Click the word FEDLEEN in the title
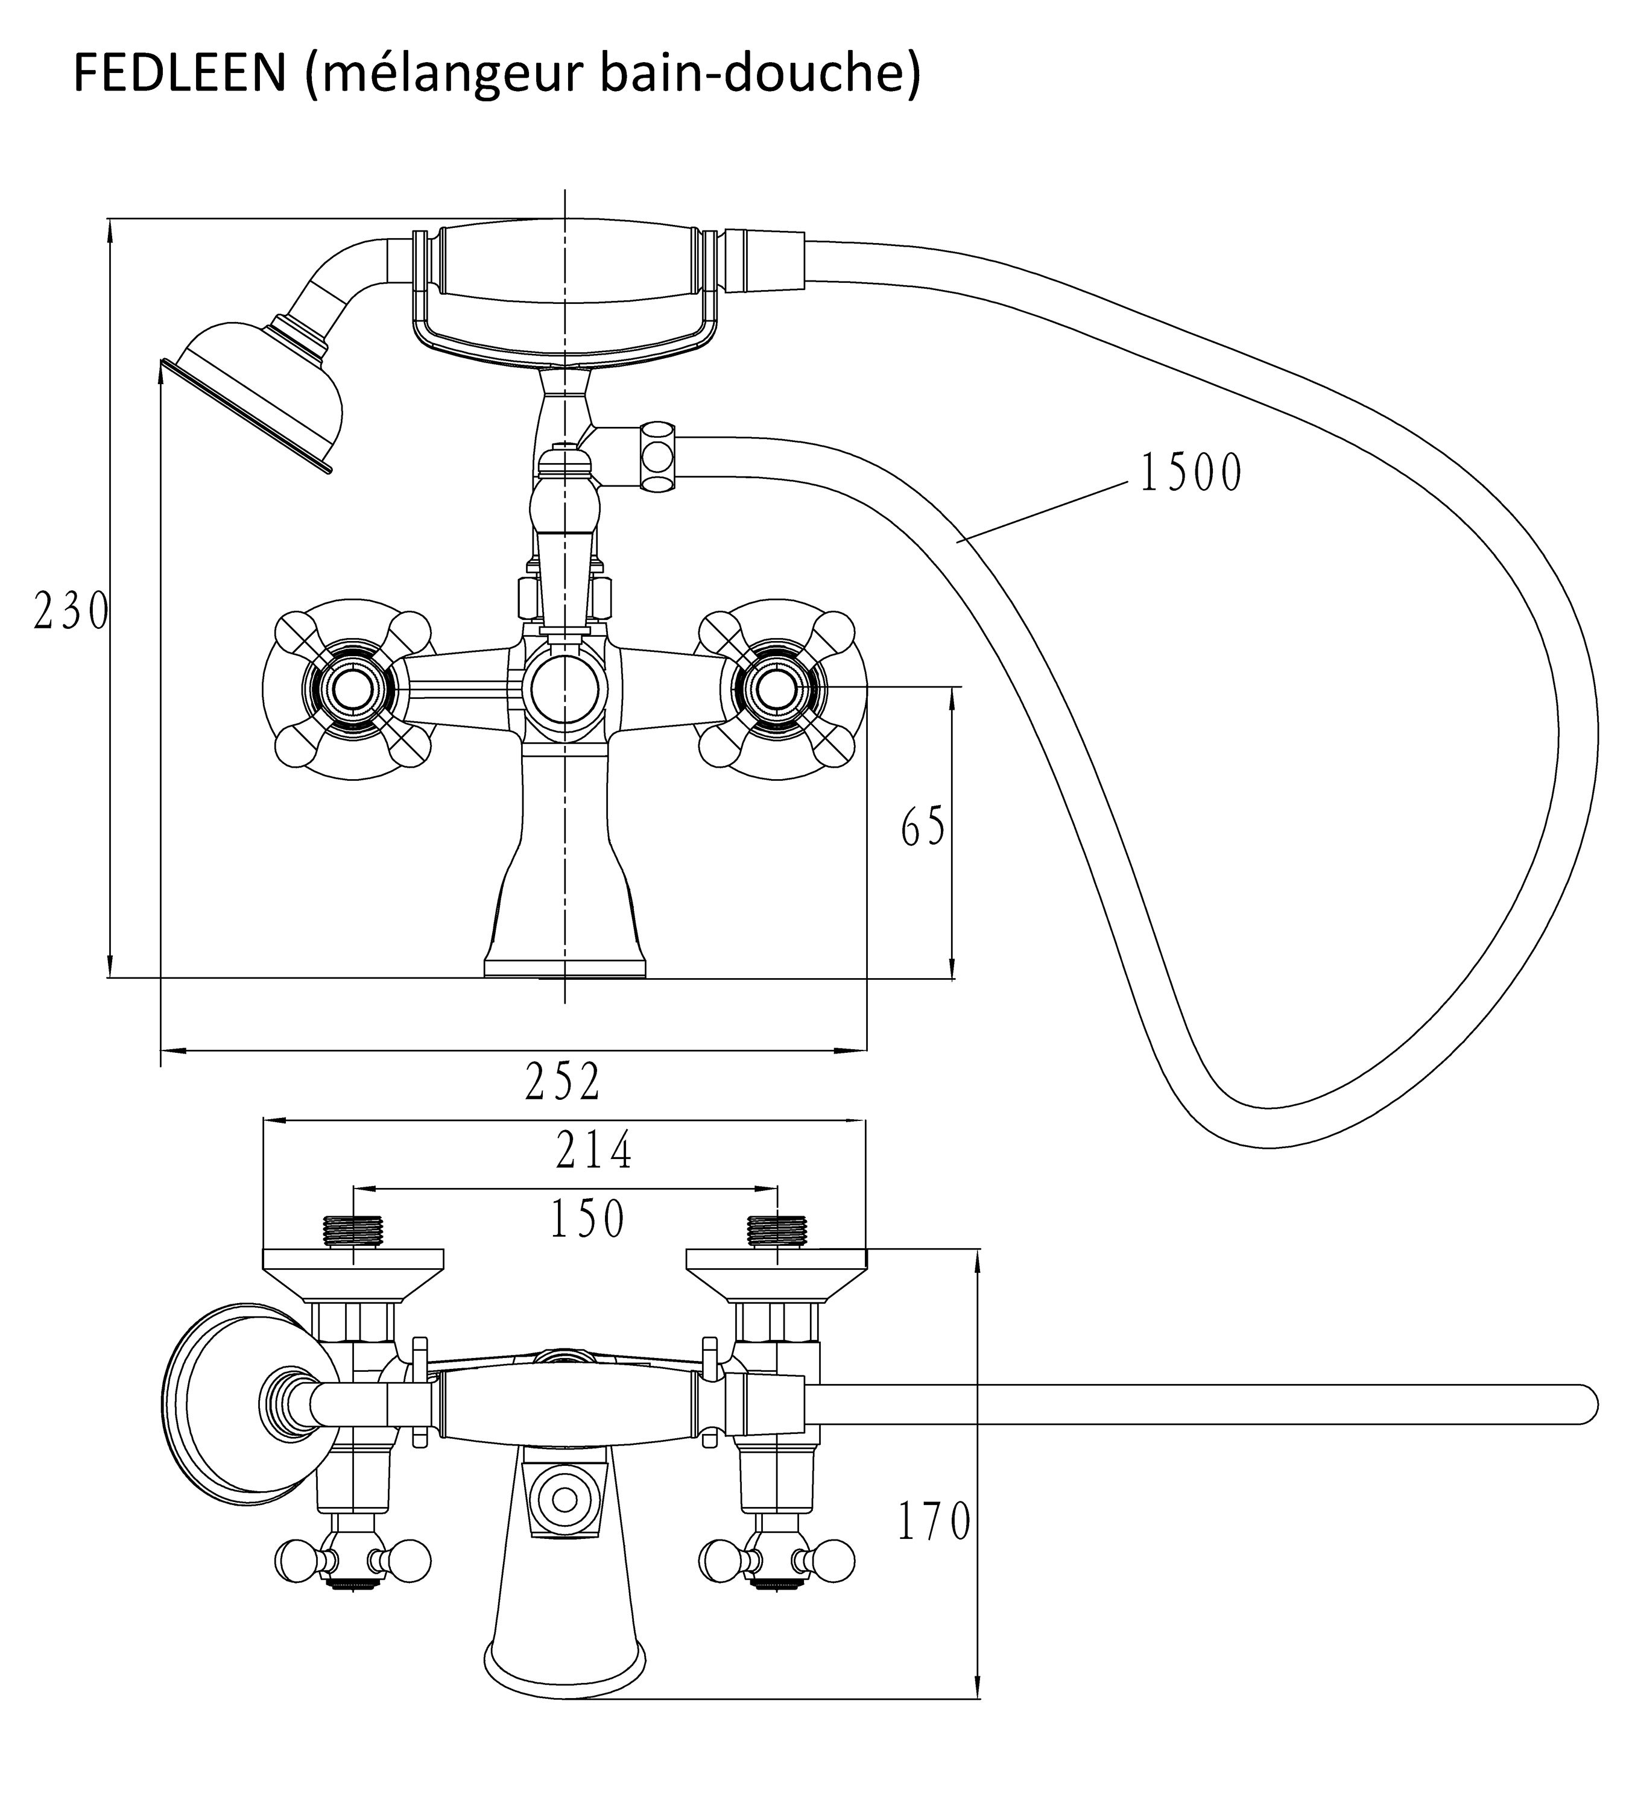179,74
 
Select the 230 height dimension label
71,613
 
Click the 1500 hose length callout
1191,473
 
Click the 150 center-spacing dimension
587,1218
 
